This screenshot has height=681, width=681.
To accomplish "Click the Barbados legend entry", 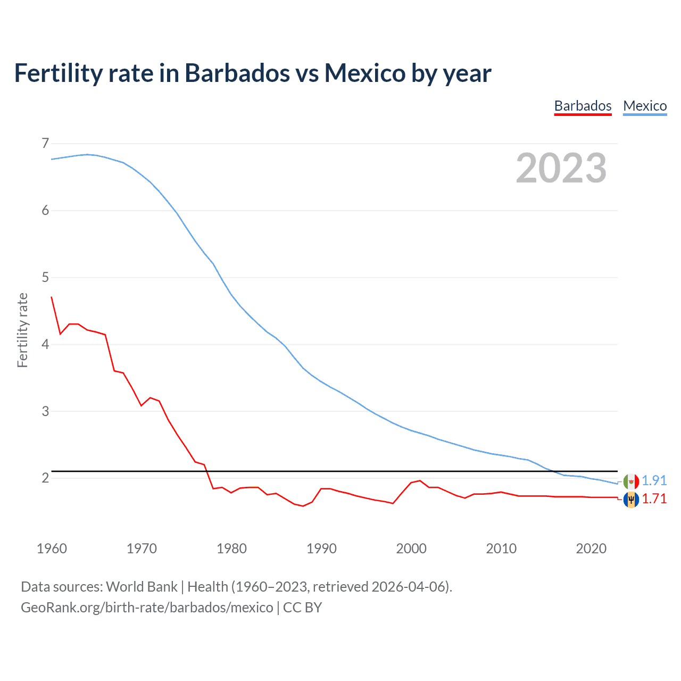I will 583,106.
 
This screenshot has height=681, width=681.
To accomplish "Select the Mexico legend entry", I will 645,106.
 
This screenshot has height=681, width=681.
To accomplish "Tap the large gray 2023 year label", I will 561,168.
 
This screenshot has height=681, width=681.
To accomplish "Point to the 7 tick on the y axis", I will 45,143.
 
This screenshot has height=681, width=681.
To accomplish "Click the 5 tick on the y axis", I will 45,277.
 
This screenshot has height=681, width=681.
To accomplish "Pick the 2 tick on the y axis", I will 45,478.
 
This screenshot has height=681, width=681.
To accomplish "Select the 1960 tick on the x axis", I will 52,549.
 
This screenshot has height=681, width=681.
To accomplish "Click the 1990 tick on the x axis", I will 321,549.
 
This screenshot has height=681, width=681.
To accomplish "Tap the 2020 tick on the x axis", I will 591,549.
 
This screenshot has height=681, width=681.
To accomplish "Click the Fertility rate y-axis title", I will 22,330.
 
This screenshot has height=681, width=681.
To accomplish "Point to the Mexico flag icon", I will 631,481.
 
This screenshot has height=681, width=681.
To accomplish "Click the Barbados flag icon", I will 631,500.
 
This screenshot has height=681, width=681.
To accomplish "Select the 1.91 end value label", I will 654,480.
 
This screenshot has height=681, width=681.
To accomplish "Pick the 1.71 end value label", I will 654,499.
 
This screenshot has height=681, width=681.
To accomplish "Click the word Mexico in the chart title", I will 365,73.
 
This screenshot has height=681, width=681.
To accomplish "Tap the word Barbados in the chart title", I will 237,73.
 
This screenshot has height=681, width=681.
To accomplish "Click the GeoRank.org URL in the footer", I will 147,608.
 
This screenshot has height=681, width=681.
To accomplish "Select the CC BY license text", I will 302,608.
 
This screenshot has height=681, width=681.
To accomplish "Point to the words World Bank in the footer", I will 142,587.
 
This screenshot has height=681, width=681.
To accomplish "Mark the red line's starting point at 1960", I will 52,297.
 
